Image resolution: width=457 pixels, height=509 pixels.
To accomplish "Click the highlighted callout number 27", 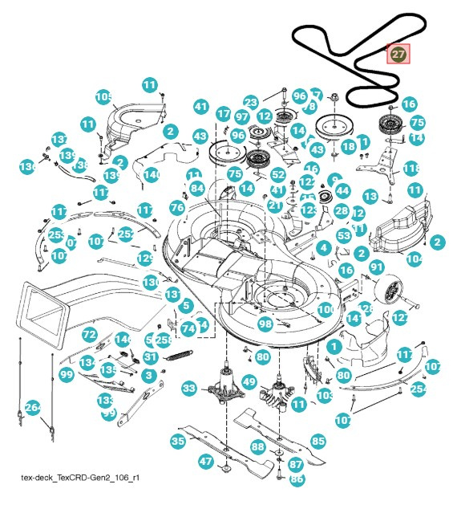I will [x=398, y=54].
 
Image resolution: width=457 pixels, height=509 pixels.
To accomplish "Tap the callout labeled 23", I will [x=251, y=103].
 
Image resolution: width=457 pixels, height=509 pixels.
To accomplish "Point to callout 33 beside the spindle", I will [x=188, y=389].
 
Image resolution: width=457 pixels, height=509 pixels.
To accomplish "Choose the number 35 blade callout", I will [x=178, y=441].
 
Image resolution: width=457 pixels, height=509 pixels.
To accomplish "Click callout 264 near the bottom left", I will [x=32, y=407].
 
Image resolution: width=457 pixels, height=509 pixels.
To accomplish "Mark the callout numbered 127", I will [x=400, y=319].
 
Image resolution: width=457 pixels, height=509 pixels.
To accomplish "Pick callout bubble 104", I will [x=415, y=259].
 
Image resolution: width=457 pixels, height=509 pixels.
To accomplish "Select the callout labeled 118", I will [x=411, y=169].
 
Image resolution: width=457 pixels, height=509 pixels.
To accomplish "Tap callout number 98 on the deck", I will [x=265, y=324].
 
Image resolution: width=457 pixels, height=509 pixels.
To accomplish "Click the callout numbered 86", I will [x=297, y=479].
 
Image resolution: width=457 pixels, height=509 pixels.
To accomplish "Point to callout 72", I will [x=90, y=334].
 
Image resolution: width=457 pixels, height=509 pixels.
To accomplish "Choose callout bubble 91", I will [x=377, y=267].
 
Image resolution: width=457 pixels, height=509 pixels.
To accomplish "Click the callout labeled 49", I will [x=249, y=382].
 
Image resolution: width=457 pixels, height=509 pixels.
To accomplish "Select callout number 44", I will [x=342, y=190].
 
